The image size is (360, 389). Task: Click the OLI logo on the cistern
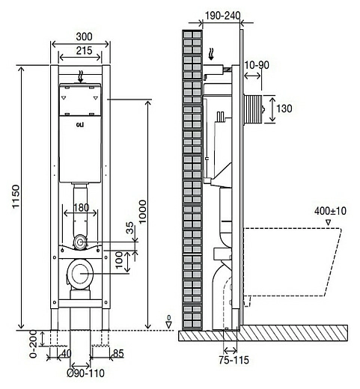(80, 126)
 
